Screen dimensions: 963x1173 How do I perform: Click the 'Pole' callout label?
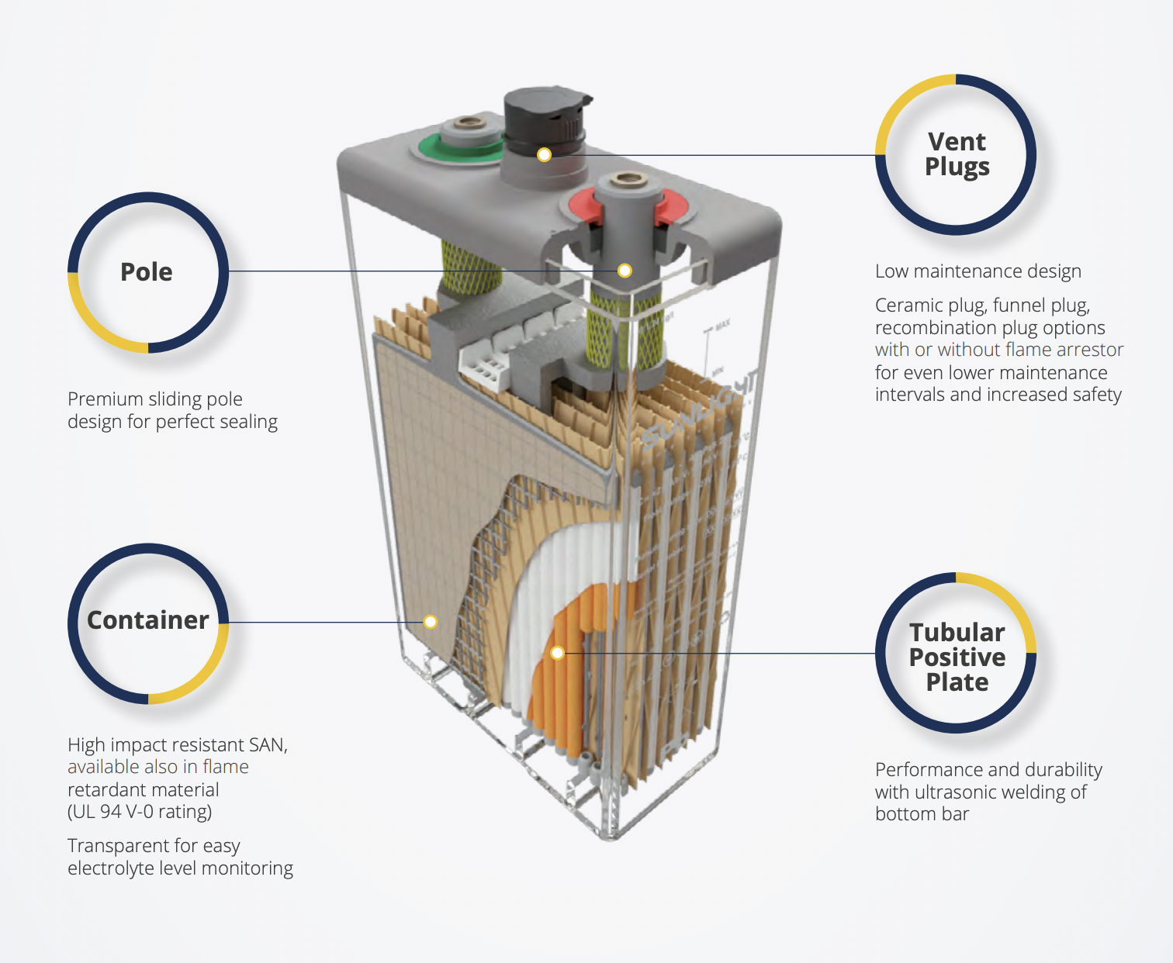pos(147,272)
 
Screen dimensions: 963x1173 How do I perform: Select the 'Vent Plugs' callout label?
pos(957,154)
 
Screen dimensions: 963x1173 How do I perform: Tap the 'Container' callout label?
pos(147,620)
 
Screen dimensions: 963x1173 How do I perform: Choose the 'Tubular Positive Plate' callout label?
pos(957,658)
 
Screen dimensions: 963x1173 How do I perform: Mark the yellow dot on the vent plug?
pos(545,154)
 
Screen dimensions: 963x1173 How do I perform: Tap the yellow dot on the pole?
pos(625,271)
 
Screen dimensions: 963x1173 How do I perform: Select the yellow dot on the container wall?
pos(431,622)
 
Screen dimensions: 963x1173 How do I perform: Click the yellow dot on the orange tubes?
pos(557,653)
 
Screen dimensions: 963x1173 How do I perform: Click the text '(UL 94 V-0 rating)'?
pos(140,812)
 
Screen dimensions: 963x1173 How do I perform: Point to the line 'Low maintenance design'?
pos(977,271)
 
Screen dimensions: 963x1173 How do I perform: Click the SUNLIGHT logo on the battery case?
pos(698,407)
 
